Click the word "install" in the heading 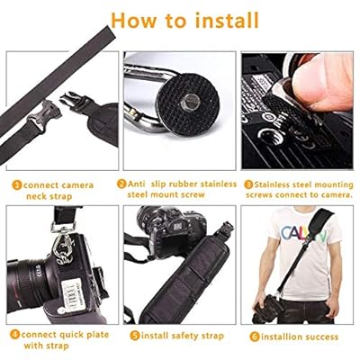tap(227, 20)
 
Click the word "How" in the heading tap(134, 21)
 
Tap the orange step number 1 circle tap(17, 185)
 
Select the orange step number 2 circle tap(121, 184)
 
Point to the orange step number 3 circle tap(248, 184)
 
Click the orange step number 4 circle tap(14, 335)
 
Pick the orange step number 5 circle tap(135, 336)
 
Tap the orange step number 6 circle tap(255, 337)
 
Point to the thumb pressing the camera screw tap(321, 83)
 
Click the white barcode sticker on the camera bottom tap(72, 294)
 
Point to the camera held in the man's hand tap(268, 308)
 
